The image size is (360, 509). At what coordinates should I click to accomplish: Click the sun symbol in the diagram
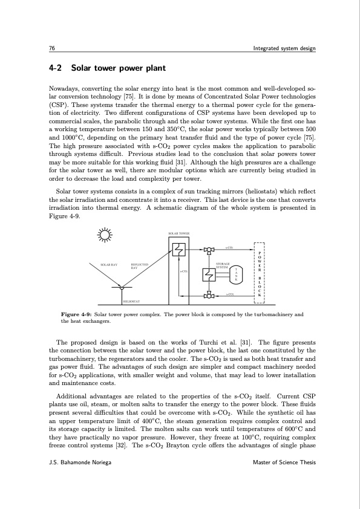(107, 236)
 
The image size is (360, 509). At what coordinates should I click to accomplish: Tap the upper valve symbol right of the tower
(209, 249)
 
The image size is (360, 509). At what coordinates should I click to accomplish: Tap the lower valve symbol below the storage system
(209, 296)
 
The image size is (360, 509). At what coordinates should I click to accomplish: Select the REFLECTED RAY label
(140, 266)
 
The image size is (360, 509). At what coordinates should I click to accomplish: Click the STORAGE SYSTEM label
(223, 265)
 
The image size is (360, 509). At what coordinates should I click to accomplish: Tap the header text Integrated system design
(283, 48)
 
